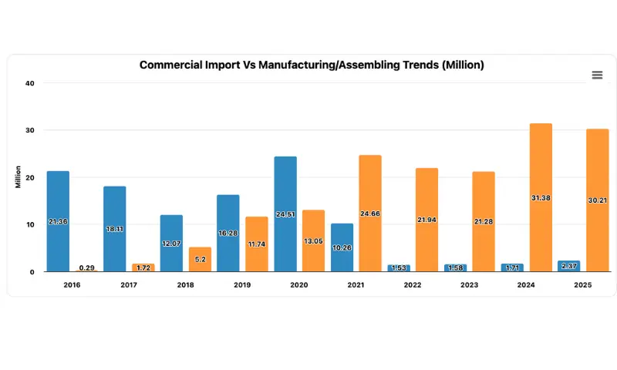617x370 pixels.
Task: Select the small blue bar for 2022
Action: click(399, 267)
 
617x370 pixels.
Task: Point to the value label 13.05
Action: click(313, 240)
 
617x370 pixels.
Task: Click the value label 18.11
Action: click(114, 229)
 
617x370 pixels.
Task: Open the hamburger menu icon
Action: click(597, 75)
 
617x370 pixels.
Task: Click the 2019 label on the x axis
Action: click(242, 285)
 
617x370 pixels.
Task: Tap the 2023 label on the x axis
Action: click(470, 285)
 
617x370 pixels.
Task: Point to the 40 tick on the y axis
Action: click(29, 83)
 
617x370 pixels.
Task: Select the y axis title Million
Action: click(18, 177)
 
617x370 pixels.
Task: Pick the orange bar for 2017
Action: click(143, 267)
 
